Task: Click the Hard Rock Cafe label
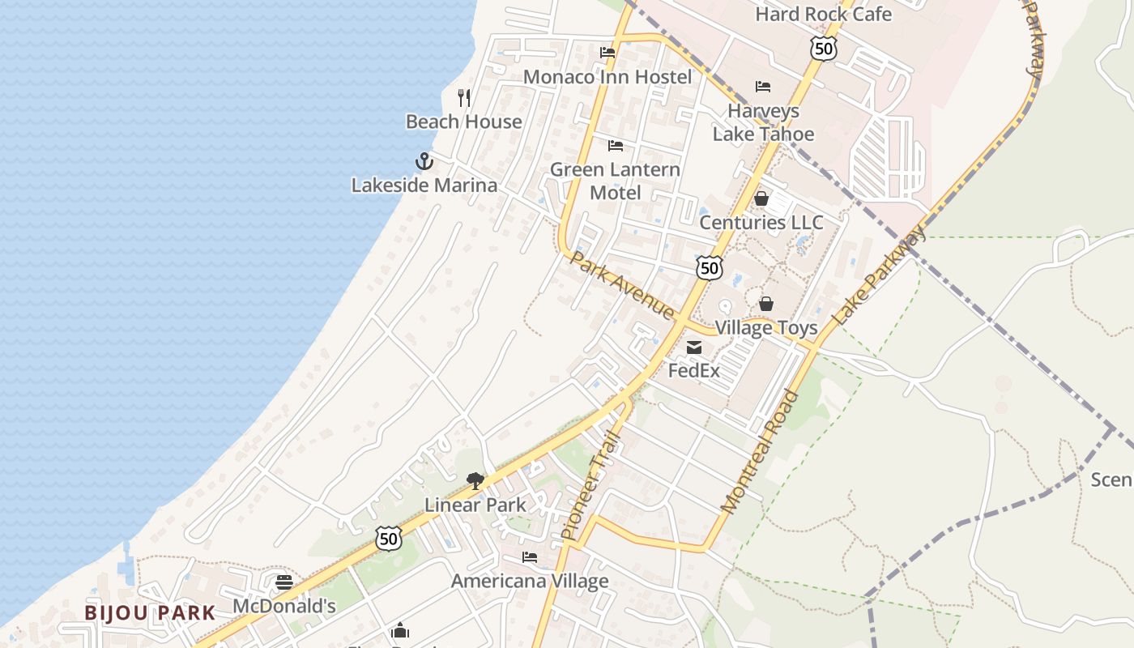pos(823,14)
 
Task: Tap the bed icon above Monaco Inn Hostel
pos(607,53)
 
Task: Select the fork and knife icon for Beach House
pos(464,98)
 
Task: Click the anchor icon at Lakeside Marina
pos(424,161)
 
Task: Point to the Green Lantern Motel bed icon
pos(616,146)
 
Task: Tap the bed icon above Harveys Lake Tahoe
pos(763,87)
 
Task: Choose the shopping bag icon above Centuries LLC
pos(761,198)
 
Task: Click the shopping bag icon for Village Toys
pos(766,304)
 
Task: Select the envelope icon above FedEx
pos(694,348)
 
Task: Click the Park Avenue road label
pos(622,285)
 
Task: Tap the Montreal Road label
pos(760,451)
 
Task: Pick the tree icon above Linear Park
pos(475,481)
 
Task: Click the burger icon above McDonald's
pos(283,582)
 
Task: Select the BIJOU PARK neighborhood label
pos(150,613)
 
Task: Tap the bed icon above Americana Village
pos(530,557)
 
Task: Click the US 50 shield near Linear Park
pos(389,538)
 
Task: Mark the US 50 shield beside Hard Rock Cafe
pos(822,49)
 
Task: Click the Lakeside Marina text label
pos(424,185)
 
